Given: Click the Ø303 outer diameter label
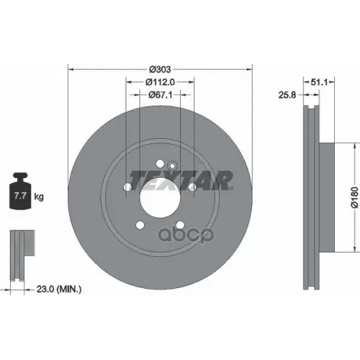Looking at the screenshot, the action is point(160,69).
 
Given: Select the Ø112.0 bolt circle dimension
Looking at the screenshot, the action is point(160,82).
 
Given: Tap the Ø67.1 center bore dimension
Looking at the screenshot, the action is point(160,95).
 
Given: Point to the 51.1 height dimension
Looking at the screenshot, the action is point(319,82).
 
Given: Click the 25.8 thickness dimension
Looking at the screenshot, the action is point(287,95).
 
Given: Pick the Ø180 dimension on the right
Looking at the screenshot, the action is point(355,197).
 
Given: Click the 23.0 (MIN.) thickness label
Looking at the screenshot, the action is point(59,289).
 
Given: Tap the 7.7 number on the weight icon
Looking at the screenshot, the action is point(20,196).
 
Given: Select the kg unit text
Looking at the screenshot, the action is point(39,197).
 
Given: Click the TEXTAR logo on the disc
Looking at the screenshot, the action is point(181,181).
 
